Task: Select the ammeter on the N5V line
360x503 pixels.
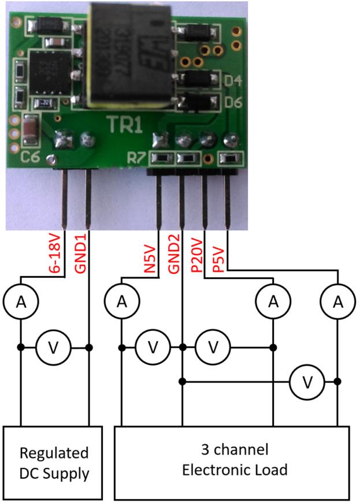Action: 122,301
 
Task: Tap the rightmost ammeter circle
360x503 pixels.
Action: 337,301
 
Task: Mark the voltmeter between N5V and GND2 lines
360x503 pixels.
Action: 153,347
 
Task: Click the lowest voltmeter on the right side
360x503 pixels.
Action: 307,381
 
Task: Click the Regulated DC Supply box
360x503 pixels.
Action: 53,463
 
